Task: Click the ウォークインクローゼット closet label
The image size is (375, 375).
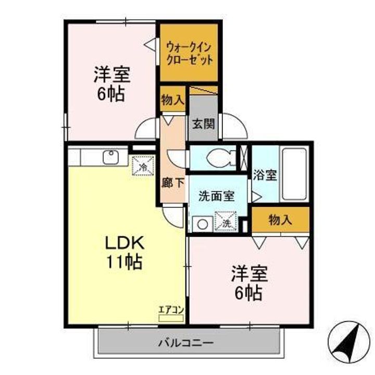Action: (x=189, y=53)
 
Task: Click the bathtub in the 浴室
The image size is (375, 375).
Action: (x=295, y=174)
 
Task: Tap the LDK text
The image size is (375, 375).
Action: (x=126, y=243)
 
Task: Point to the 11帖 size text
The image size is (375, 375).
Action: (x=126, y=262)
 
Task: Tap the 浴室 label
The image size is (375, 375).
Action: (x=265, y=176)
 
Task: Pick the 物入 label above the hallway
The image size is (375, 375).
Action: (x=172, y=101)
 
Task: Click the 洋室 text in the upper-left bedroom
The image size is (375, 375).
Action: (x=111, y=74)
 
